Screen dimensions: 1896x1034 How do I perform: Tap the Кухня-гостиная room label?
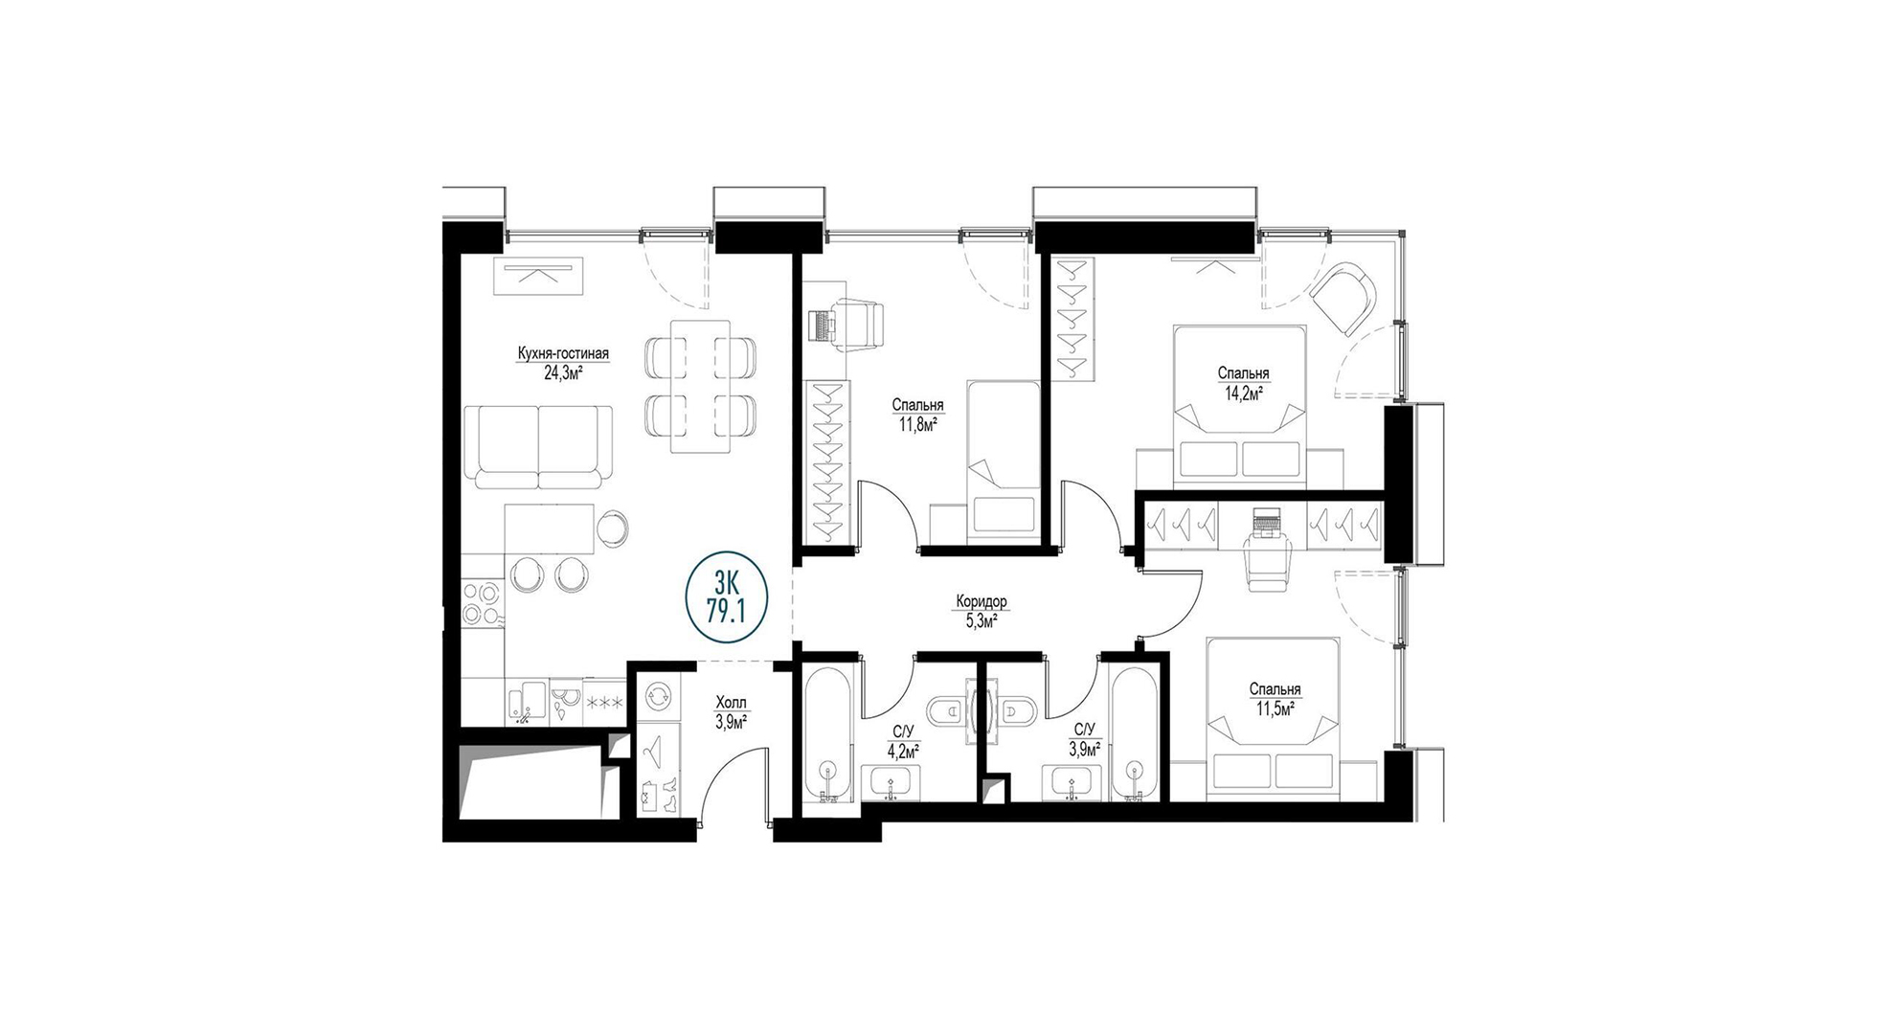point(563,354)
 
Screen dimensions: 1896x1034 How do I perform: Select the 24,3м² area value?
point(564,372)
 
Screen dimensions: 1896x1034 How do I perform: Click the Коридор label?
point(982,602)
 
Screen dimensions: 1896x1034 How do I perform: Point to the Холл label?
point(731,703)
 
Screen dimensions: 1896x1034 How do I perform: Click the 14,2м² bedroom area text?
point(1243,392)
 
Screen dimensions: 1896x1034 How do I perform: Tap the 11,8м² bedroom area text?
point(916,423)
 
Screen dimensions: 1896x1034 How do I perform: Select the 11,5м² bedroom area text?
point(1275,708)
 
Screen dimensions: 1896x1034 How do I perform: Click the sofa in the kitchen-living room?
point(537,446)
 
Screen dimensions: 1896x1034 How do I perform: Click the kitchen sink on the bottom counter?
point(524,703)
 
